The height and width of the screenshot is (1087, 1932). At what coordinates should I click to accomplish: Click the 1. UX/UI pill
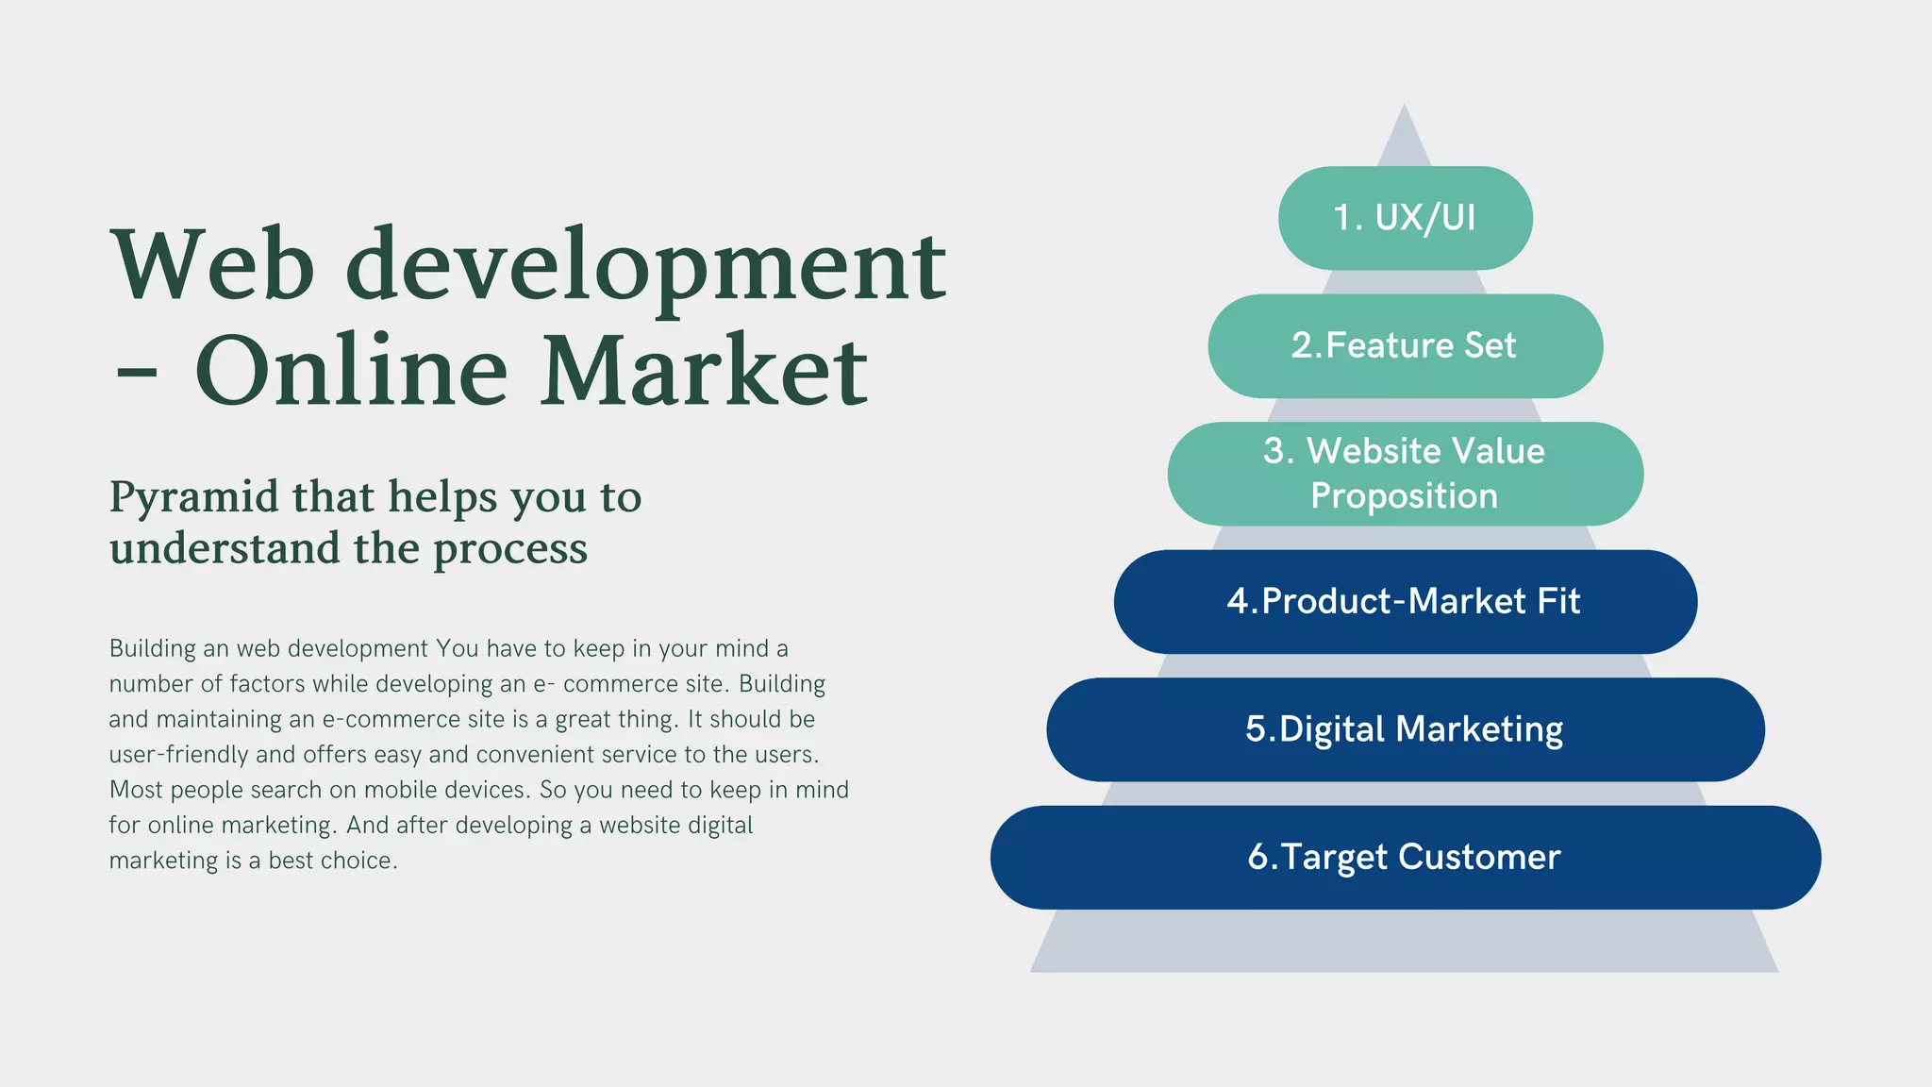tap(1405, 218)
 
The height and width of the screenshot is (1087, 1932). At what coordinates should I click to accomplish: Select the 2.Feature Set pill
tap(1405, 345)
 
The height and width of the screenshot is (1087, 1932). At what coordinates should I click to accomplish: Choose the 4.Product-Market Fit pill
tap(1405, 601)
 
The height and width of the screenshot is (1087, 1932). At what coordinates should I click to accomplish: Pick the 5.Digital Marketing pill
tap(1405, 729)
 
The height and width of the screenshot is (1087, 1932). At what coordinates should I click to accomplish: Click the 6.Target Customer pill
tap(1405, 857)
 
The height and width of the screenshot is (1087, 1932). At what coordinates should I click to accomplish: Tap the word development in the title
tap(645, 267)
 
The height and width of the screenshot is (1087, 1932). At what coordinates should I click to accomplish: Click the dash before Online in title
tap(136, 375)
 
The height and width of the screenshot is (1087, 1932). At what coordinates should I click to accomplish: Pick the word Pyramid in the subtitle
tap(193, 498)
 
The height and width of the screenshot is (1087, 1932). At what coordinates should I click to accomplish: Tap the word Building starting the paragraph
tap(152, 649)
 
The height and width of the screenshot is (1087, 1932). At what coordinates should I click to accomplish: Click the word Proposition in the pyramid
tap(1405, 496)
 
